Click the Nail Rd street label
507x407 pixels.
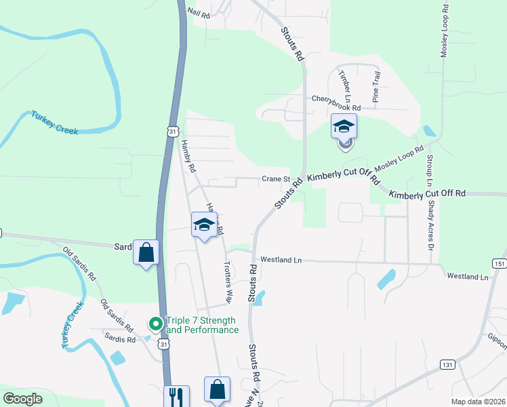pos(199,12)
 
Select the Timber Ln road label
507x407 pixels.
pos(345,81)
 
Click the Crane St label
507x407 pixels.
pos(277,180)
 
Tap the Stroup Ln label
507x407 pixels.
pos(428,171)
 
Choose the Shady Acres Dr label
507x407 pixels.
pos(431,225)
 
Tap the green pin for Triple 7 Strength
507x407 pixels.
pos(155,325)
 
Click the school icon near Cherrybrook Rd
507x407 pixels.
pos(344,126)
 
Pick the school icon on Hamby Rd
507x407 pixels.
pos(203,225)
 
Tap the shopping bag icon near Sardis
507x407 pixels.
pos(146,253)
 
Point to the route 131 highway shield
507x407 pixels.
pos(446,364)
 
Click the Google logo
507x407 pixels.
pos(23,399)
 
